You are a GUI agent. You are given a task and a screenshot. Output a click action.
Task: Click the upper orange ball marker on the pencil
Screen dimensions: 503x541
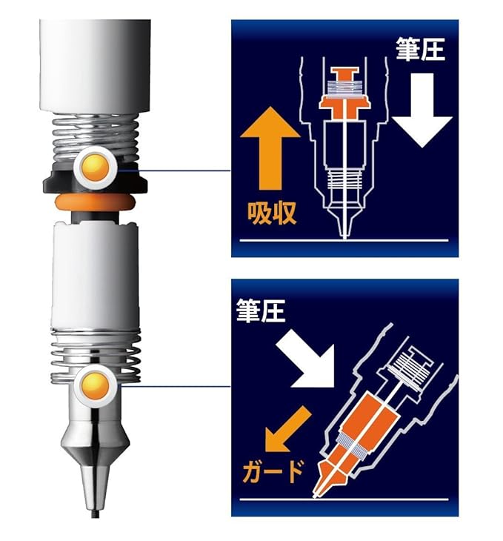click(x=96, y=167)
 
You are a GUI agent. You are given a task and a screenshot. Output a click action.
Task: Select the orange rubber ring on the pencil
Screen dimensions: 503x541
click(x=95, y=202)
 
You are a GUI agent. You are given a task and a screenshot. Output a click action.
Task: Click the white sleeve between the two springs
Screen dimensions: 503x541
click(x=96, y=274)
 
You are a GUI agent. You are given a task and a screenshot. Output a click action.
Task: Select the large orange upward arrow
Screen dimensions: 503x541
click(x=270, y=148)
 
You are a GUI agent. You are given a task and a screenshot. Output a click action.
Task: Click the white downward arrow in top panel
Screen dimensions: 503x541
click(x=422, y=110)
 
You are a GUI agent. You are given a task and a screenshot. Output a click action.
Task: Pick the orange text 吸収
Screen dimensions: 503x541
click(x=272, y=213)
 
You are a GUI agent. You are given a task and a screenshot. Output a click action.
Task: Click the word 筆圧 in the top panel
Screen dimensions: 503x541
click(x=421, y=49)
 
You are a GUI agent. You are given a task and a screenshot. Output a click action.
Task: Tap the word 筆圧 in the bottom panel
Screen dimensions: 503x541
click(x=261, y=311)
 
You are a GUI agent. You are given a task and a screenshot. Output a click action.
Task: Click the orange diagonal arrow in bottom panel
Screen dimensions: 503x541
click(x=287, y=430)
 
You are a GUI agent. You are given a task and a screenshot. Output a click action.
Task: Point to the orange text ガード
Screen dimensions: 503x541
click(x=273, y=472)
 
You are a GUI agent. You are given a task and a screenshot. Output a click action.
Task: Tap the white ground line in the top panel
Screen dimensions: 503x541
click(x=344, y=240)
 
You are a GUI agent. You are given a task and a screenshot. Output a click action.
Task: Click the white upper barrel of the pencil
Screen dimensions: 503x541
click(x=96, y=65)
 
